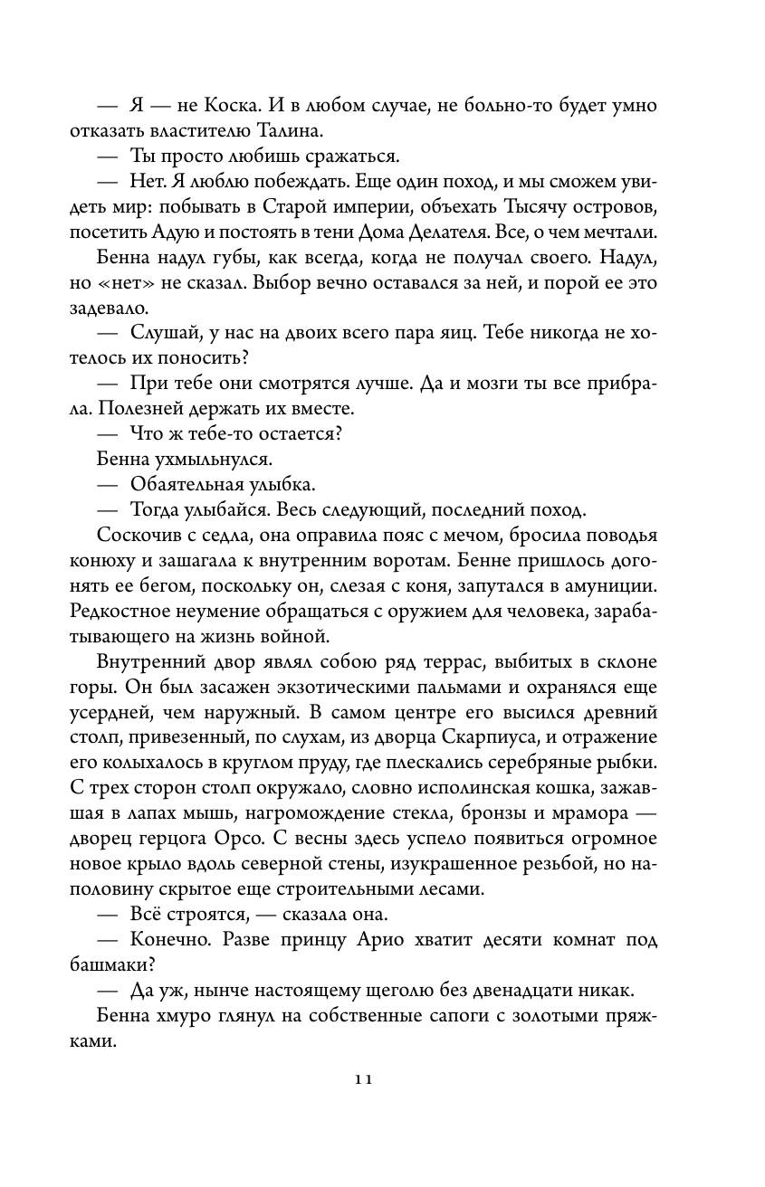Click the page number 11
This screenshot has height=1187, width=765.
click(x=364, y=1078)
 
